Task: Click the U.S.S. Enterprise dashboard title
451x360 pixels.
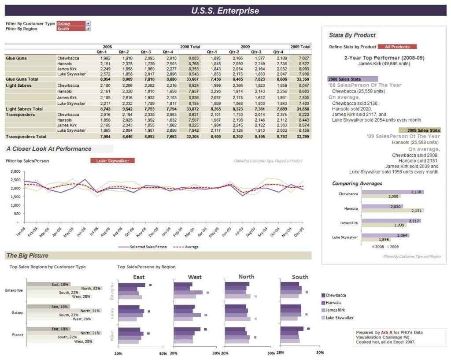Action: pyautogui.click(x=225, y=11)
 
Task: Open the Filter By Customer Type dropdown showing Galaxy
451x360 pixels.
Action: pyautogui.click(x=73, y=23)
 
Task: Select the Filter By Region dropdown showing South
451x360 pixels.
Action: pyautogui.click(x=73, y=29)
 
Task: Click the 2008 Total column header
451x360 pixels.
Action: pyautogui.click(x=190, y=47)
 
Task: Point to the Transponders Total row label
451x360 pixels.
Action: pyautogui.click(x=25, y=137)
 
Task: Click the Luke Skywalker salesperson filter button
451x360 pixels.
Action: pyautogui.click(x=112, y=161)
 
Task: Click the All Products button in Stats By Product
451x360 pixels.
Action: pyautogui.click(x=397, y=47)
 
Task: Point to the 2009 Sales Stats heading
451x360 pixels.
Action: pyautogui.click(x=423, y=130)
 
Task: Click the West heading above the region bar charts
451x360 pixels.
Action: pyautogui.click(x=195, y=277)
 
